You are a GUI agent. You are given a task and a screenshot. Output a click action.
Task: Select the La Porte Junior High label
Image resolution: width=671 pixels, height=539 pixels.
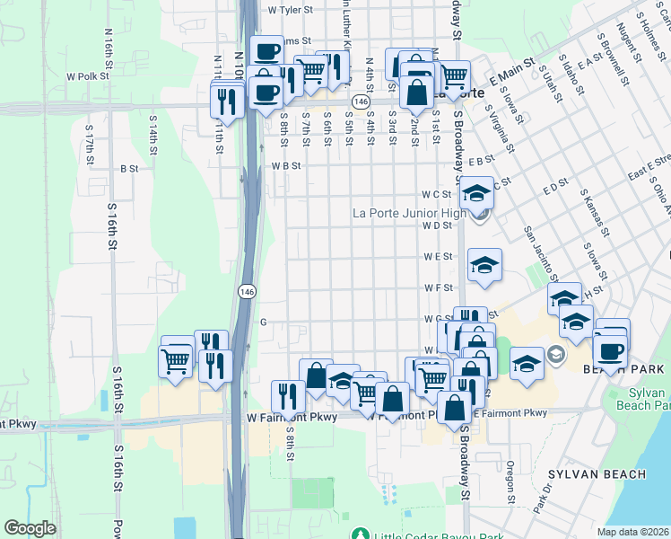tap(408, 214)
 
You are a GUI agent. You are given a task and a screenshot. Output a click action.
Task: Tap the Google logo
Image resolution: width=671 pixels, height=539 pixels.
tap(30, 528)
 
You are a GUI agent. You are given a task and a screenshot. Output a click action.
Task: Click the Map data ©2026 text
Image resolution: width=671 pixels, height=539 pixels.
tap(632, 532)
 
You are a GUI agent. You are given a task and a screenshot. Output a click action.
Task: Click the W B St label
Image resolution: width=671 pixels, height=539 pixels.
tap(286, 166)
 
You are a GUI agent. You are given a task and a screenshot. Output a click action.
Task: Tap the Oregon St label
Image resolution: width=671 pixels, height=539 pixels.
tap(509, 482)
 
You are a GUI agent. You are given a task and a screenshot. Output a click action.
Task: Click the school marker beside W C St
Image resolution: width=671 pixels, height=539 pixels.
tap(477, 195)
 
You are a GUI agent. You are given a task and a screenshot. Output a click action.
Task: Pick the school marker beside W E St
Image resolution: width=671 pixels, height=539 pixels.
tap(484, 266)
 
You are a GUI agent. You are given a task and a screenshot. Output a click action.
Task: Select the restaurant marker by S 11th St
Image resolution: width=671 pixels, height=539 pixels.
tap(226, 101)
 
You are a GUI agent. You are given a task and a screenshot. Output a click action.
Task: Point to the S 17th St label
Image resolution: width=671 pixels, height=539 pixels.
tap(89, 143)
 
